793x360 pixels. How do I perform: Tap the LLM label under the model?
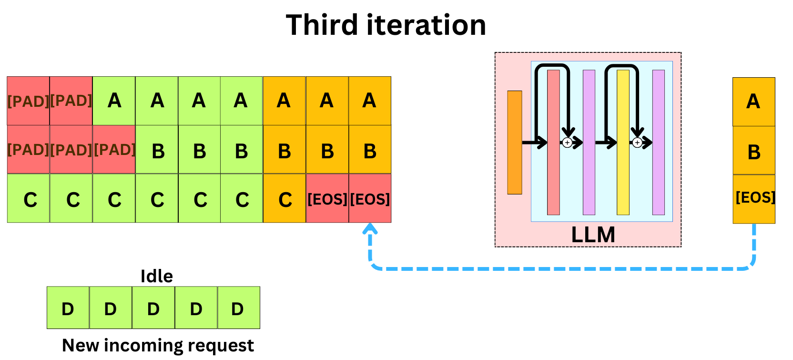pyautogui.click(x=593, y=235)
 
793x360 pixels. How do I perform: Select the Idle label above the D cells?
pyautogui.click(x=156, y=276)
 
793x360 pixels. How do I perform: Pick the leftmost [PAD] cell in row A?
pyautogui.click(x=28, y=101)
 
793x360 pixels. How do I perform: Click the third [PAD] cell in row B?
pyautogui.click(x=114, y=149)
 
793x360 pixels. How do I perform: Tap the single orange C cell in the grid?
pyautogui.click(x=285, y=199)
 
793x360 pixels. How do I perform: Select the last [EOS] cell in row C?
pyautogui.click(x=370, y=199)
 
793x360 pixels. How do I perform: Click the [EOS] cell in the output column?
pyautogui.click(x=754, y=198)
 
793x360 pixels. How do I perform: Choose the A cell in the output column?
pyautogui.click(x=754, y=102)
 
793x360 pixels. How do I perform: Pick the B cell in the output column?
pyautogui.click(x=754, y=151)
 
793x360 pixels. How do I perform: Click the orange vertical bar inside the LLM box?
pyautogui.click(x=515, y=142)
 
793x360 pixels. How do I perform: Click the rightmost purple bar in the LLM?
pyautogui.click(x=659, y=142)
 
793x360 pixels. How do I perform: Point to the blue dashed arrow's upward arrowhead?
pyautogui.click(x=370, y=229)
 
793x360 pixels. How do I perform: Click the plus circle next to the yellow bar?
pyautogui.click(x=637, y=143)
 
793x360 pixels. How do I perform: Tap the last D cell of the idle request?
pyautogui.click(x=238, y=308)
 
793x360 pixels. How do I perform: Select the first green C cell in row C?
pyautogui.click(x=28, y=199)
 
